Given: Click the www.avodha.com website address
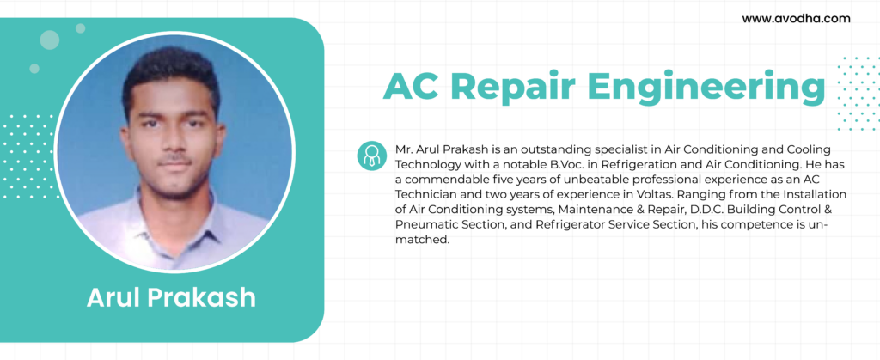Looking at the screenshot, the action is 796,19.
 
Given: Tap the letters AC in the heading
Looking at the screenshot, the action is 412,88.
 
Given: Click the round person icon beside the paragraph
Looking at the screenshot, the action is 371,156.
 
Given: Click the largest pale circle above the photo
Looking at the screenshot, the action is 49,40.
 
